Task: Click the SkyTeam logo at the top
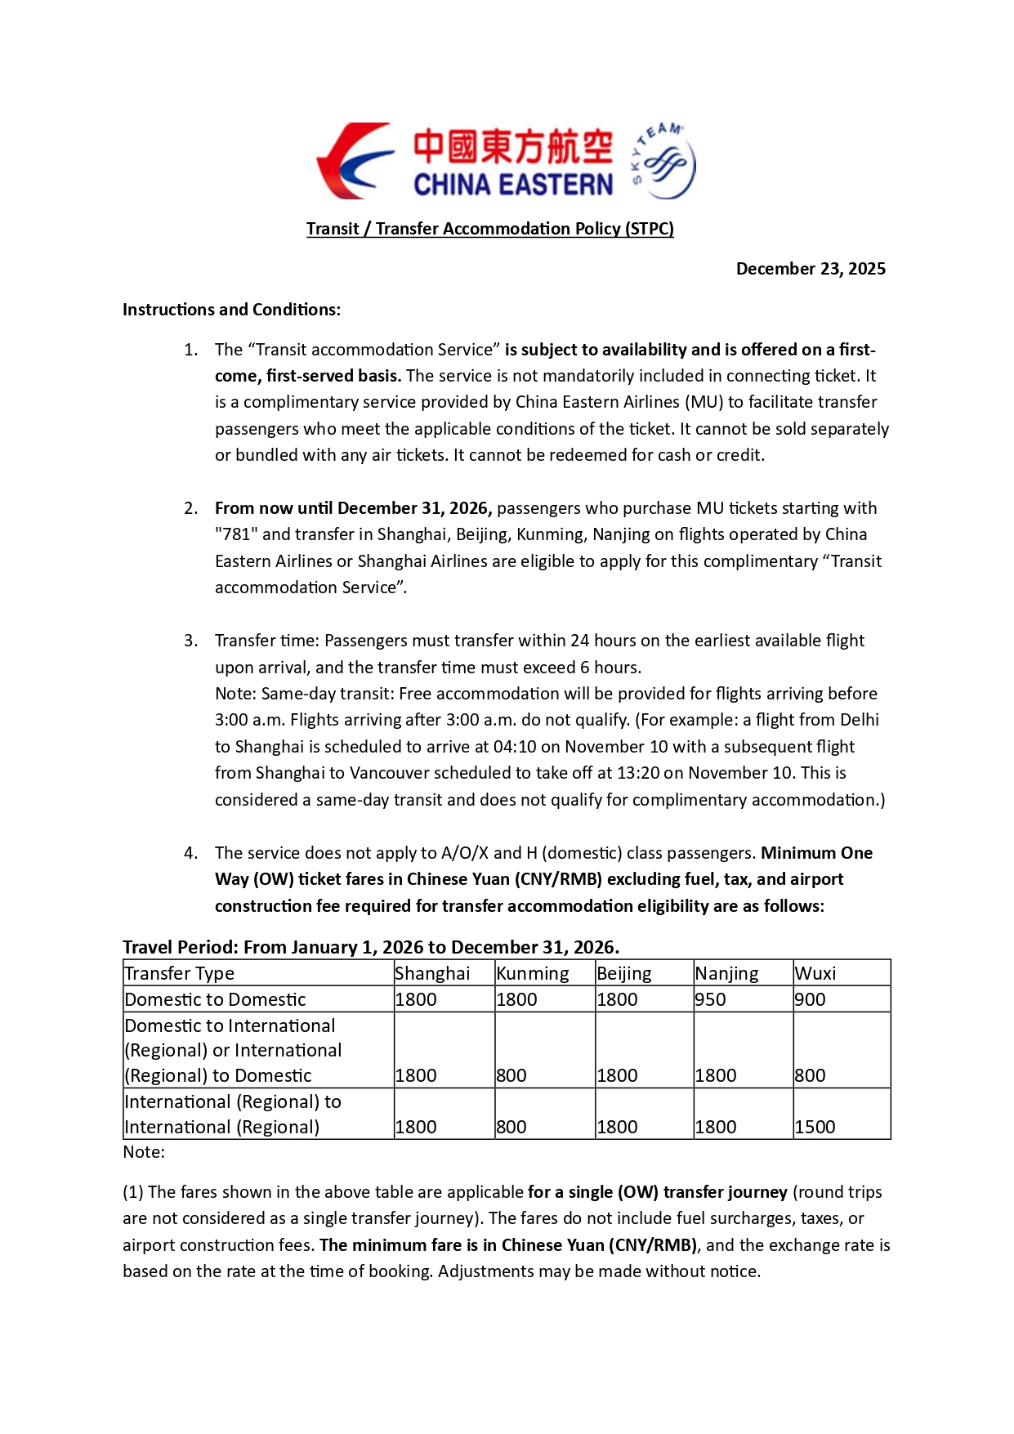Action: (663, 162)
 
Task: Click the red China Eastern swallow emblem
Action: (354, 162)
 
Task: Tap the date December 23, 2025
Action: (810, 269)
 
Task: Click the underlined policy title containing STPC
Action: (489, 229)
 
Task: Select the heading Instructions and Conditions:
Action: (231, 310)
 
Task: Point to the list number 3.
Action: (190, 641)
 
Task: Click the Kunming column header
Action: (533, 973)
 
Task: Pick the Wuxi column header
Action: (815, 973)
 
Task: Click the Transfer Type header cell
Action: (179, 973)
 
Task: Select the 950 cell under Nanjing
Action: (710, 999)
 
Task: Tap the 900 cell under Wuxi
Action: (810, 999)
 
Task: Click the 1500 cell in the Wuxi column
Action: (815, 1127)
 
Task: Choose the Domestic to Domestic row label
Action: (215, 999)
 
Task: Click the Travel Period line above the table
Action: (370, 947)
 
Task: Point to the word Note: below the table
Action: (144, 1152)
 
